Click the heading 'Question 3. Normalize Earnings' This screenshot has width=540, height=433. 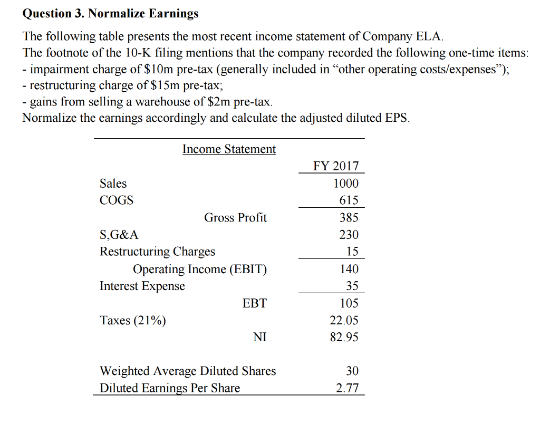pyautogui.click(x=110, y=14)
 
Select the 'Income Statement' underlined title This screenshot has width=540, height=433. pyautogui.click(x=229, y=149)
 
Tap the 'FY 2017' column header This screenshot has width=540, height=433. pyautogui.click(x=336, y=166)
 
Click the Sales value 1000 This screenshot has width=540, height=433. pyautogui.click(x=346, y=184)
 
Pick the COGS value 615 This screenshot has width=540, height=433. pyautogui.click(x=349, y=200)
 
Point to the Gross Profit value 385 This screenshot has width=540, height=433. pyautogui.click(x=349, y=217)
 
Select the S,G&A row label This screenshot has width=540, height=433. pyautogui.click(x=119, y=235)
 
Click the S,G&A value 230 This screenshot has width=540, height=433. pyautogui.click(x=349, y=235)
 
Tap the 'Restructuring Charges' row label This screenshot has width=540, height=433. pyautogui.click(x=158, y=252)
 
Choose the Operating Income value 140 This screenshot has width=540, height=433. pyautogui.click(x=349, y=269)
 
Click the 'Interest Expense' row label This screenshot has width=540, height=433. pyautogui.click(x=142, y=286)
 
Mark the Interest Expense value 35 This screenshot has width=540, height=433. pyautogui.click(x=352, y=286)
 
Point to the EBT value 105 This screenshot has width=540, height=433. pyautogui.click(x=349, y=303)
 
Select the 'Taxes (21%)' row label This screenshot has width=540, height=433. pyautogui.click(x=133, y=320)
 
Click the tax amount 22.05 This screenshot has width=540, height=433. pyautogui.click(x=344, y=320)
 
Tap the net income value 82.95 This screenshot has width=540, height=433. pyautogui.click(x=344, y=337)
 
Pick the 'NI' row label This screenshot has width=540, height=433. pyautogui.click(x=259, y=337)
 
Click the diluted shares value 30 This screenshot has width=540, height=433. pyautogui.click(x=352, y=371)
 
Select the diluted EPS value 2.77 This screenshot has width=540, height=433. pyautogui.click(x=348, y=389)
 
